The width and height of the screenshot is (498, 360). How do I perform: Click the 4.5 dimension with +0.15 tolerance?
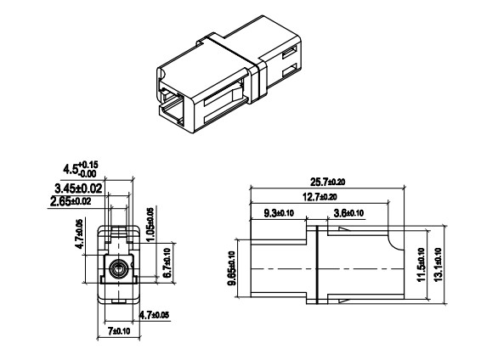(x=94, y=167)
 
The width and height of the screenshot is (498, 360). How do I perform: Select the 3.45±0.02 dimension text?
(x=80, y=187)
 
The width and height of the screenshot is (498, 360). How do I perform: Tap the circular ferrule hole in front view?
(x=118, y=271)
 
